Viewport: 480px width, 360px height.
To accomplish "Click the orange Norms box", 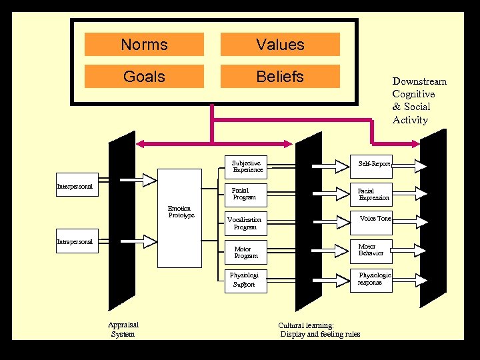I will [x=144, y=45].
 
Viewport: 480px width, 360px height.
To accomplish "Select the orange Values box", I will [x=280, y=45].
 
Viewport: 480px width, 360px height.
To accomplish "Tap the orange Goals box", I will [x=144, y=77].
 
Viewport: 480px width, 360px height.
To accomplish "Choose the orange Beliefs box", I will [x=280, y=77].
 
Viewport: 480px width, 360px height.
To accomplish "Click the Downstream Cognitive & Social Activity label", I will [x=419, y=101].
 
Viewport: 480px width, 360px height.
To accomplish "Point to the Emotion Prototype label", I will [x=181, y=212].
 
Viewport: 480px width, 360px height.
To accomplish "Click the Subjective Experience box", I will [x=247, y=166].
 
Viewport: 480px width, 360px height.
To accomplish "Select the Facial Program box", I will [x=244, y=193].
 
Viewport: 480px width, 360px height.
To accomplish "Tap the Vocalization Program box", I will [x=245, y=223].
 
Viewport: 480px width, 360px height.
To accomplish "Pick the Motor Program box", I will [x=245, y=252].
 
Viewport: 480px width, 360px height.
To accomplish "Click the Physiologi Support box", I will [x=244, y=279].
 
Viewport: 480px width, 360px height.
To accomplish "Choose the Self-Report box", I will [x=373, y=164].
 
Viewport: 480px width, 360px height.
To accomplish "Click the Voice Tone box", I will [x=374, y=219].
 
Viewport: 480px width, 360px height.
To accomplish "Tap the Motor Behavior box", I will [x=371, y=250].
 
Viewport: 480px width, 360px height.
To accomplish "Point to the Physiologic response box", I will [x=373, y=279].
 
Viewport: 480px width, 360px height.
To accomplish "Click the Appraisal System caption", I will [x=123, y=329].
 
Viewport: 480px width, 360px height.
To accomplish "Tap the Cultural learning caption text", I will [x=319, y=330].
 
